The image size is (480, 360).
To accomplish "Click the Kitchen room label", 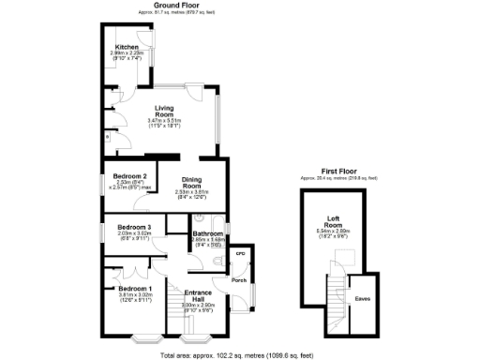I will pyautogui.click(x=127, y=47).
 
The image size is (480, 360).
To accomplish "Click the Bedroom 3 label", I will pyautogui.click(x=134, y=227).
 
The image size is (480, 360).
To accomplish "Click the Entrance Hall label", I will pyautogui.click(x=198, y=294).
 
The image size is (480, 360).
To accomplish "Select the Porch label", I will pyautogui.click(x=239, y=280).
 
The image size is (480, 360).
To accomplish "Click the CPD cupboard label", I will pyautogui.click(x=240, y=253).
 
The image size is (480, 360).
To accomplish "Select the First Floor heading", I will pyautogui.click(x=339, y=172).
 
